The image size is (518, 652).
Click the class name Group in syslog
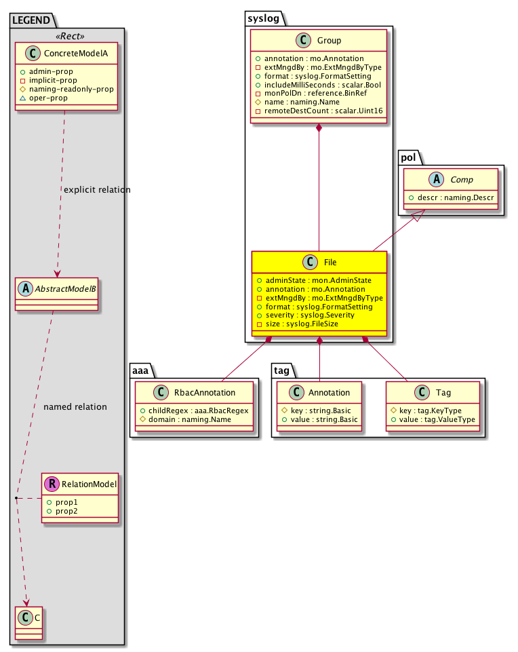[329, 40]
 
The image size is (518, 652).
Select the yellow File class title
[329, 263]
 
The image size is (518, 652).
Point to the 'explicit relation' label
[97, 189]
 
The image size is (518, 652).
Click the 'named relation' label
[75, 407]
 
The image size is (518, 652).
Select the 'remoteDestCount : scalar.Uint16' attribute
[317, 111]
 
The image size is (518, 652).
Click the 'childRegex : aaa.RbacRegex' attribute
[194, 410]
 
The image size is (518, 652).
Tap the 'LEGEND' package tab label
[31, 22]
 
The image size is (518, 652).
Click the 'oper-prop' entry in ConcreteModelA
[64, 98]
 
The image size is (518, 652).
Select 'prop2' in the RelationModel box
[66, 510]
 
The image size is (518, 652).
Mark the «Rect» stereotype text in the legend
[67, 36]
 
